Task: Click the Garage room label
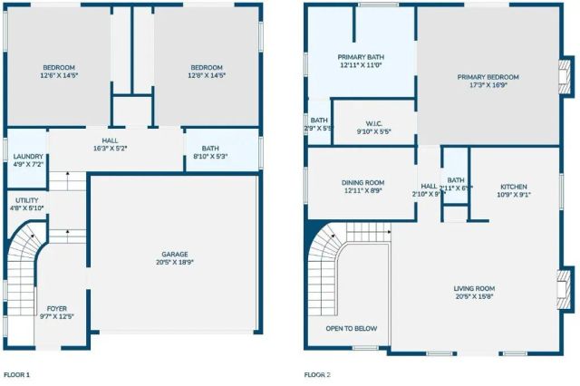(174, 257)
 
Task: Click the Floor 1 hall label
(111, 144)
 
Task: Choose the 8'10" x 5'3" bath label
(210, 152)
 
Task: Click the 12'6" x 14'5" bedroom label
(58, 72)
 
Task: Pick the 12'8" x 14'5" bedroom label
(206, 72)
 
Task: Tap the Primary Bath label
(361, 61)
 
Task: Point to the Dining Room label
(362, 187)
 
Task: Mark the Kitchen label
(513, 189)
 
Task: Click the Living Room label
(475, 293)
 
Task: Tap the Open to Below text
(352, 328)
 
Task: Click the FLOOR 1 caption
(16, 373)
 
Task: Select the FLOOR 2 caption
(317, 373)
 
